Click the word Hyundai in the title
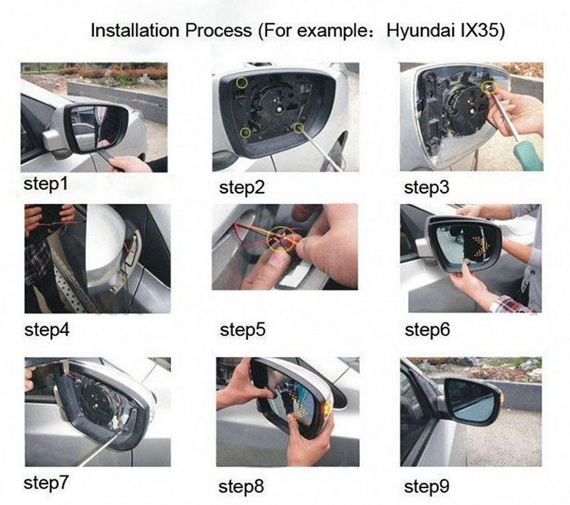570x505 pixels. point(420,31)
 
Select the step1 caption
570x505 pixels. point(46,184)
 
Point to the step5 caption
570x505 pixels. point(242,330)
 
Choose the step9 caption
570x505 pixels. point(426,487)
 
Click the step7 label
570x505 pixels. point(46,483)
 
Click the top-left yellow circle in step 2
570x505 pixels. point(242,83)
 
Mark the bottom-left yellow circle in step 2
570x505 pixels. point(245,133)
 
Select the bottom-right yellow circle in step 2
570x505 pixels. point(299,128)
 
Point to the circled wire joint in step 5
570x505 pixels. point(281,239)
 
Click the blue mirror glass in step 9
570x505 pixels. point(471,402)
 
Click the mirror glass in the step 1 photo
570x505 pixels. point(95,129)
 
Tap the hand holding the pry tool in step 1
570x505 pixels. point(129,164)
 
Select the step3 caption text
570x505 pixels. point(426,188)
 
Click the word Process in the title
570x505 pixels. point(219,30)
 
